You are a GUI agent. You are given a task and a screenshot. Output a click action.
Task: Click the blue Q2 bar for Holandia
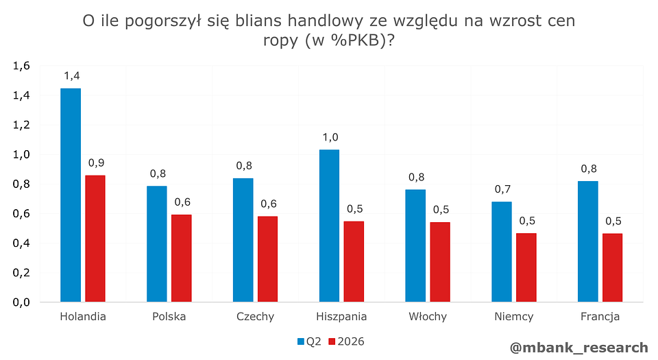tap(71, 195)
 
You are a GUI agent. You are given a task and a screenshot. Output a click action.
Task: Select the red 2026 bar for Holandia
tap(95, 239)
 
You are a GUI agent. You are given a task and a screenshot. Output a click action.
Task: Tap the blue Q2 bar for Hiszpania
tap(330, 226)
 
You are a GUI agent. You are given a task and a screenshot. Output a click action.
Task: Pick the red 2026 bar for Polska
tap(182, 258)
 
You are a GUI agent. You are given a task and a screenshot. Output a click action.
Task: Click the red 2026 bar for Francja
tap(612, 267)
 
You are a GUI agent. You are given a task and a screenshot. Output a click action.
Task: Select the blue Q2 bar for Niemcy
tap(502, 252)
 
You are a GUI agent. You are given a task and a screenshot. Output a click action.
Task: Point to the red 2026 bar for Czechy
tap(268, 259)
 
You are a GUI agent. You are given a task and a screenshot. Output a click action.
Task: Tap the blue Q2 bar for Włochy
tap(415, 245)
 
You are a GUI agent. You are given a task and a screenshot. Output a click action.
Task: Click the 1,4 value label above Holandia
tap(71, 75)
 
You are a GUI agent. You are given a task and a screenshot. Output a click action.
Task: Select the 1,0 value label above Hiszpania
tap(330, 137)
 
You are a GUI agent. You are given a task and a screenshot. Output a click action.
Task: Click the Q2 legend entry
tap(309, 341)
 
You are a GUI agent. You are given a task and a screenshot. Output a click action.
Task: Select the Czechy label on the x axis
tap(255, 317)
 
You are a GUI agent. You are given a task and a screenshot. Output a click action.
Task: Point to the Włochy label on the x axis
tap(428, 317)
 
